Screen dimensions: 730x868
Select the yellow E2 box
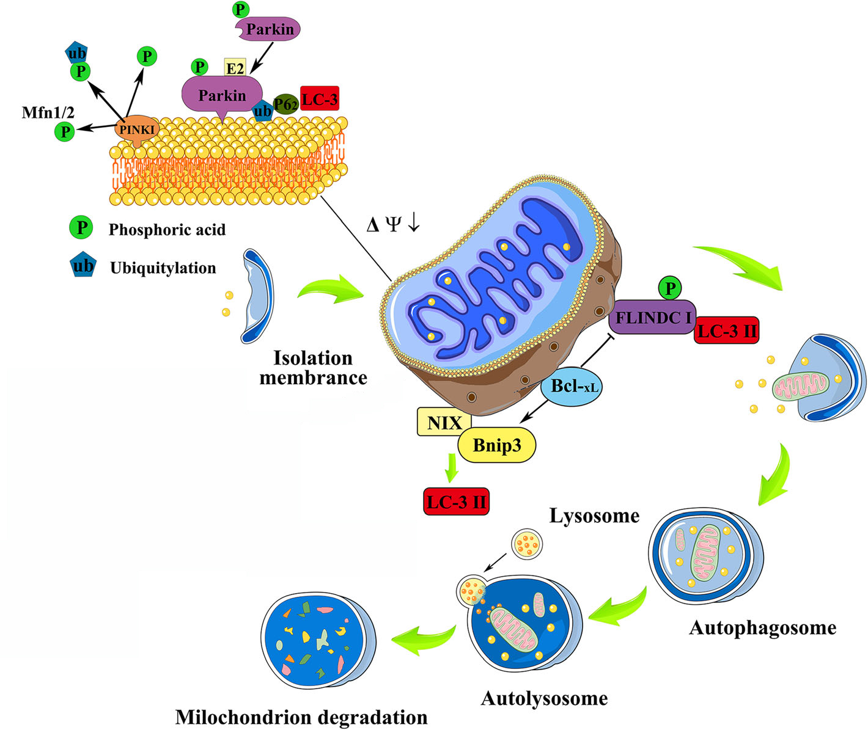click(235, 68)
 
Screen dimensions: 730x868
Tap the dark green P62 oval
click(285, 104)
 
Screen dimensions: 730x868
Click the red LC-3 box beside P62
click(319, 98)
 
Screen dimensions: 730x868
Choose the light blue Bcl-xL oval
click(572, 387)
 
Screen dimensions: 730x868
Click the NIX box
click(444, 422)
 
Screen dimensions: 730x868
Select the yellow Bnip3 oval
click(496, 445)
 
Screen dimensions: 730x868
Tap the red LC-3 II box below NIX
click(457, 502)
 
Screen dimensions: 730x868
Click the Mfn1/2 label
click(48, 112)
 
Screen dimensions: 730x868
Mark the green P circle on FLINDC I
click(671, 288)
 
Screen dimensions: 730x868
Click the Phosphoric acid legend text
click(167, 230)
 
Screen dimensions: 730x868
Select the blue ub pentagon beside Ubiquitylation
click(83, 266)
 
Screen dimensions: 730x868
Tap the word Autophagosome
click(762, 628)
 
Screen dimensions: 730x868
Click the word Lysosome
click(594, 516)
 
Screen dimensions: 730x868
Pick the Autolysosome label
click(544, 698)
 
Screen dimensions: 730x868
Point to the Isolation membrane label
click(313, 367)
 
